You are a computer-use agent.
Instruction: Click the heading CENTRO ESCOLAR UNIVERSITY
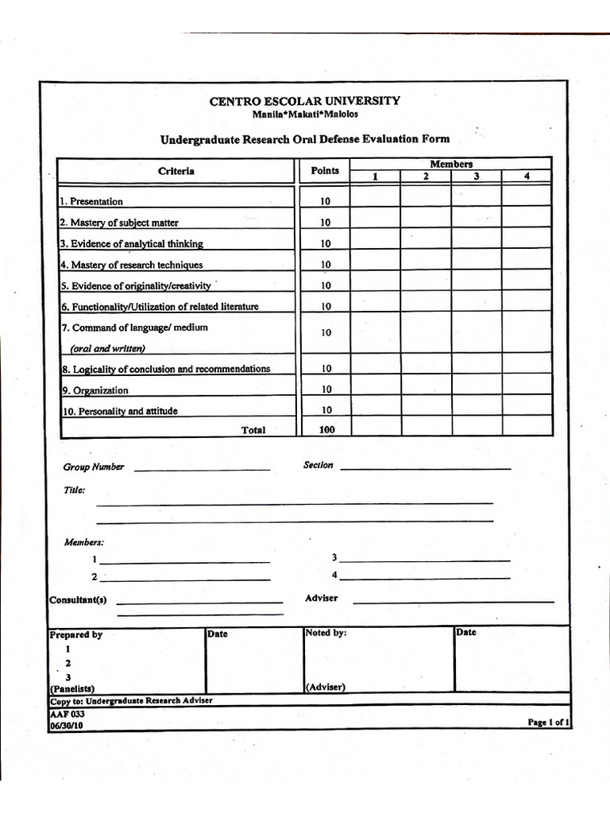304,101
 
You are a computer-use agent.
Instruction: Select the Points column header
324,171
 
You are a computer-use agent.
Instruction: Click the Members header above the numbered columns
451,164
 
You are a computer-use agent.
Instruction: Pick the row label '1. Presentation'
92,202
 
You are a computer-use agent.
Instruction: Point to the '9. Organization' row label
95,390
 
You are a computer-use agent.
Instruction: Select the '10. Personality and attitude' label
120,411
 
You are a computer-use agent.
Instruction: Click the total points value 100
326,429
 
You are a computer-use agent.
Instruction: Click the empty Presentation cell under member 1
375,196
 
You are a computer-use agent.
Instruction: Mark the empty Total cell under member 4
527,426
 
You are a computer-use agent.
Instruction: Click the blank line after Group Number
203,469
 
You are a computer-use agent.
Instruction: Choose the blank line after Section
425,467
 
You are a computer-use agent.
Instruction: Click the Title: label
74,490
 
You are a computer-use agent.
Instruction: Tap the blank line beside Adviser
453,601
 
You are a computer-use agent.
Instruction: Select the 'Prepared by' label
76,635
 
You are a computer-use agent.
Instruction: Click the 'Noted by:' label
326,634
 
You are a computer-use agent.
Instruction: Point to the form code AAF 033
67,714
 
